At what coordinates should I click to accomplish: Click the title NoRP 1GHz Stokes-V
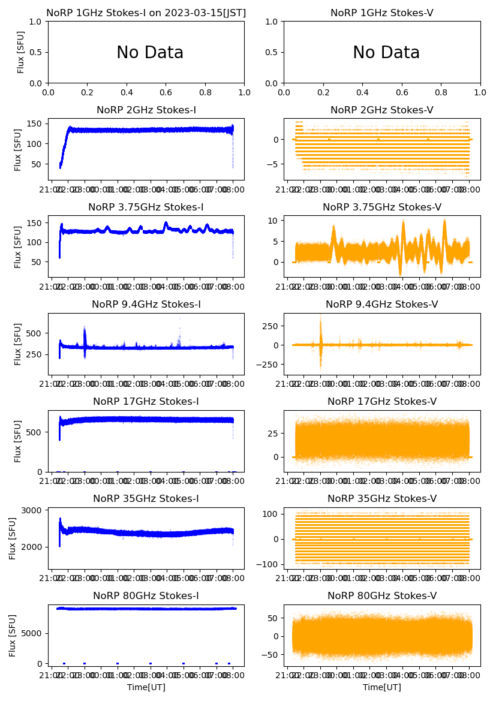pos(382,13)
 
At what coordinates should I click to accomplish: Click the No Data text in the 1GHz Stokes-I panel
pos(150,53)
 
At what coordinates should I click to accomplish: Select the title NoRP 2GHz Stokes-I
pos(146,110)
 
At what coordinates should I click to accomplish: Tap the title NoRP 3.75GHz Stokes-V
pos(382,207)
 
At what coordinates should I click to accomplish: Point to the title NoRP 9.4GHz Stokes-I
pos(146,304)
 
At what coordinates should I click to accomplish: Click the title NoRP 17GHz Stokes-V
pos(382,401)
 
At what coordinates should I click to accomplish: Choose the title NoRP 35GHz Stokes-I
pos(146,498)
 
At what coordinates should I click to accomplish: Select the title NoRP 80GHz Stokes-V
pos(382,595)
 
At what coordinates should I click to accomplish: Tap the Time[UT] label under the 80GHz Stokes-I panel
pos(146,687)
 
